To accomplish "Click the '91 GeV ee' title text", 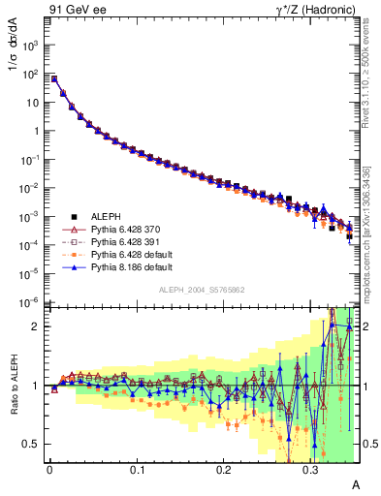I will point(76,11).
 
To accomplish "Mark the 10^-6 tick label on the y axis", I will point(31,302).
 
